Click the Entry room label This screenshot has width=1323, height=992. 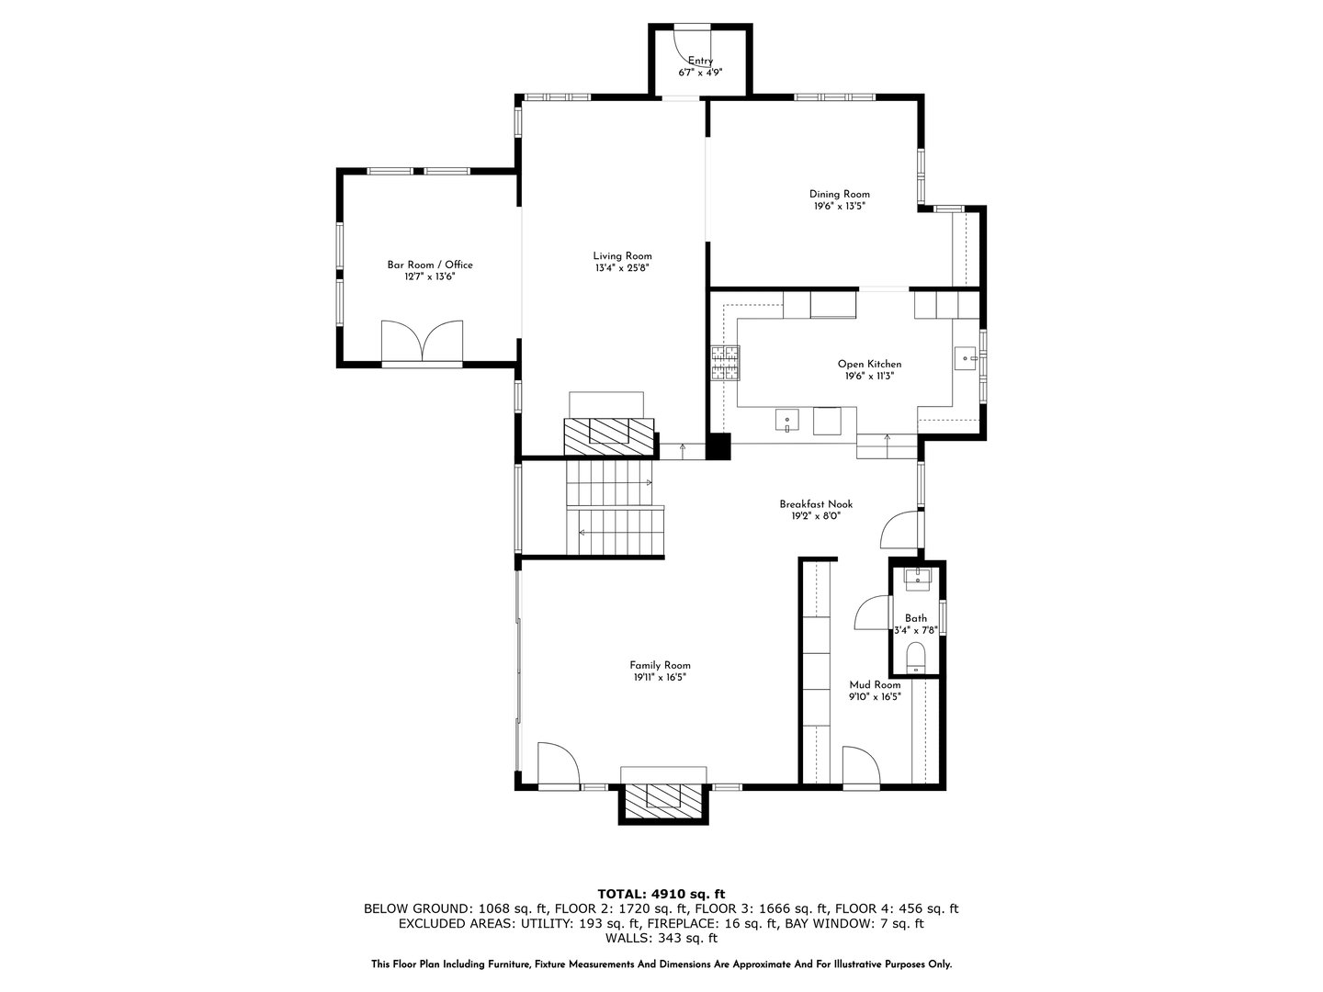pos(700,61)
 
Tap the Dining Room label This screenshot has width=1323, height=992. pos(839,194)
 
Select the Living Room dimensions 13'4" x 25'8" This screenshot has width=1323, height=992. pos(622,268)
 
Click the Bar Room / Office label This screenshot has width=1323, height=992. pos(430,265)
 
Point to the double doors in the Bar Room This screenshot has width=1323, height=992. pos(423,342)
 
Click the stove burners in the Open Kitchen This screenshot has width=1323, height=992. pos(724,363)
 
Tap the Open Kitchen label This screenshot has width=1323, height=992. pos(869,364)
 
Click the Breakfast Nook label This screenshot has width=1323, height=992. pos(816,503)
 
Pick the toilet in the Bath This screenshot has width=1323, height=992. pos(915,657)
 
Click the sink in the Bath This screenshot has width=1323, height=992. pos(917,578)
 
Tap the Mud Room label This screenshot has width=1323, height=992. pos(875,684)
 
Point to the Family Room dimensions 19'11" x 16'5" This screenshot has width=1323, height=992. pos(660,677)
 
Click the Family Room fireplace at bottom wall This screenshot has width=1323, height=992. pos(664,798)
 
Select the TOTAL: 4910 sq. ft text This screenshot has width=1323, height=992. pos(661,893)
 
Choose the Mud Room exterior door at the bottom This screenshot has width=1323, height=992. pos(860,768)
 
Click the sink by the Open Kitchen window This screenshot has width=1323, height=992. pos(966,355)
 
